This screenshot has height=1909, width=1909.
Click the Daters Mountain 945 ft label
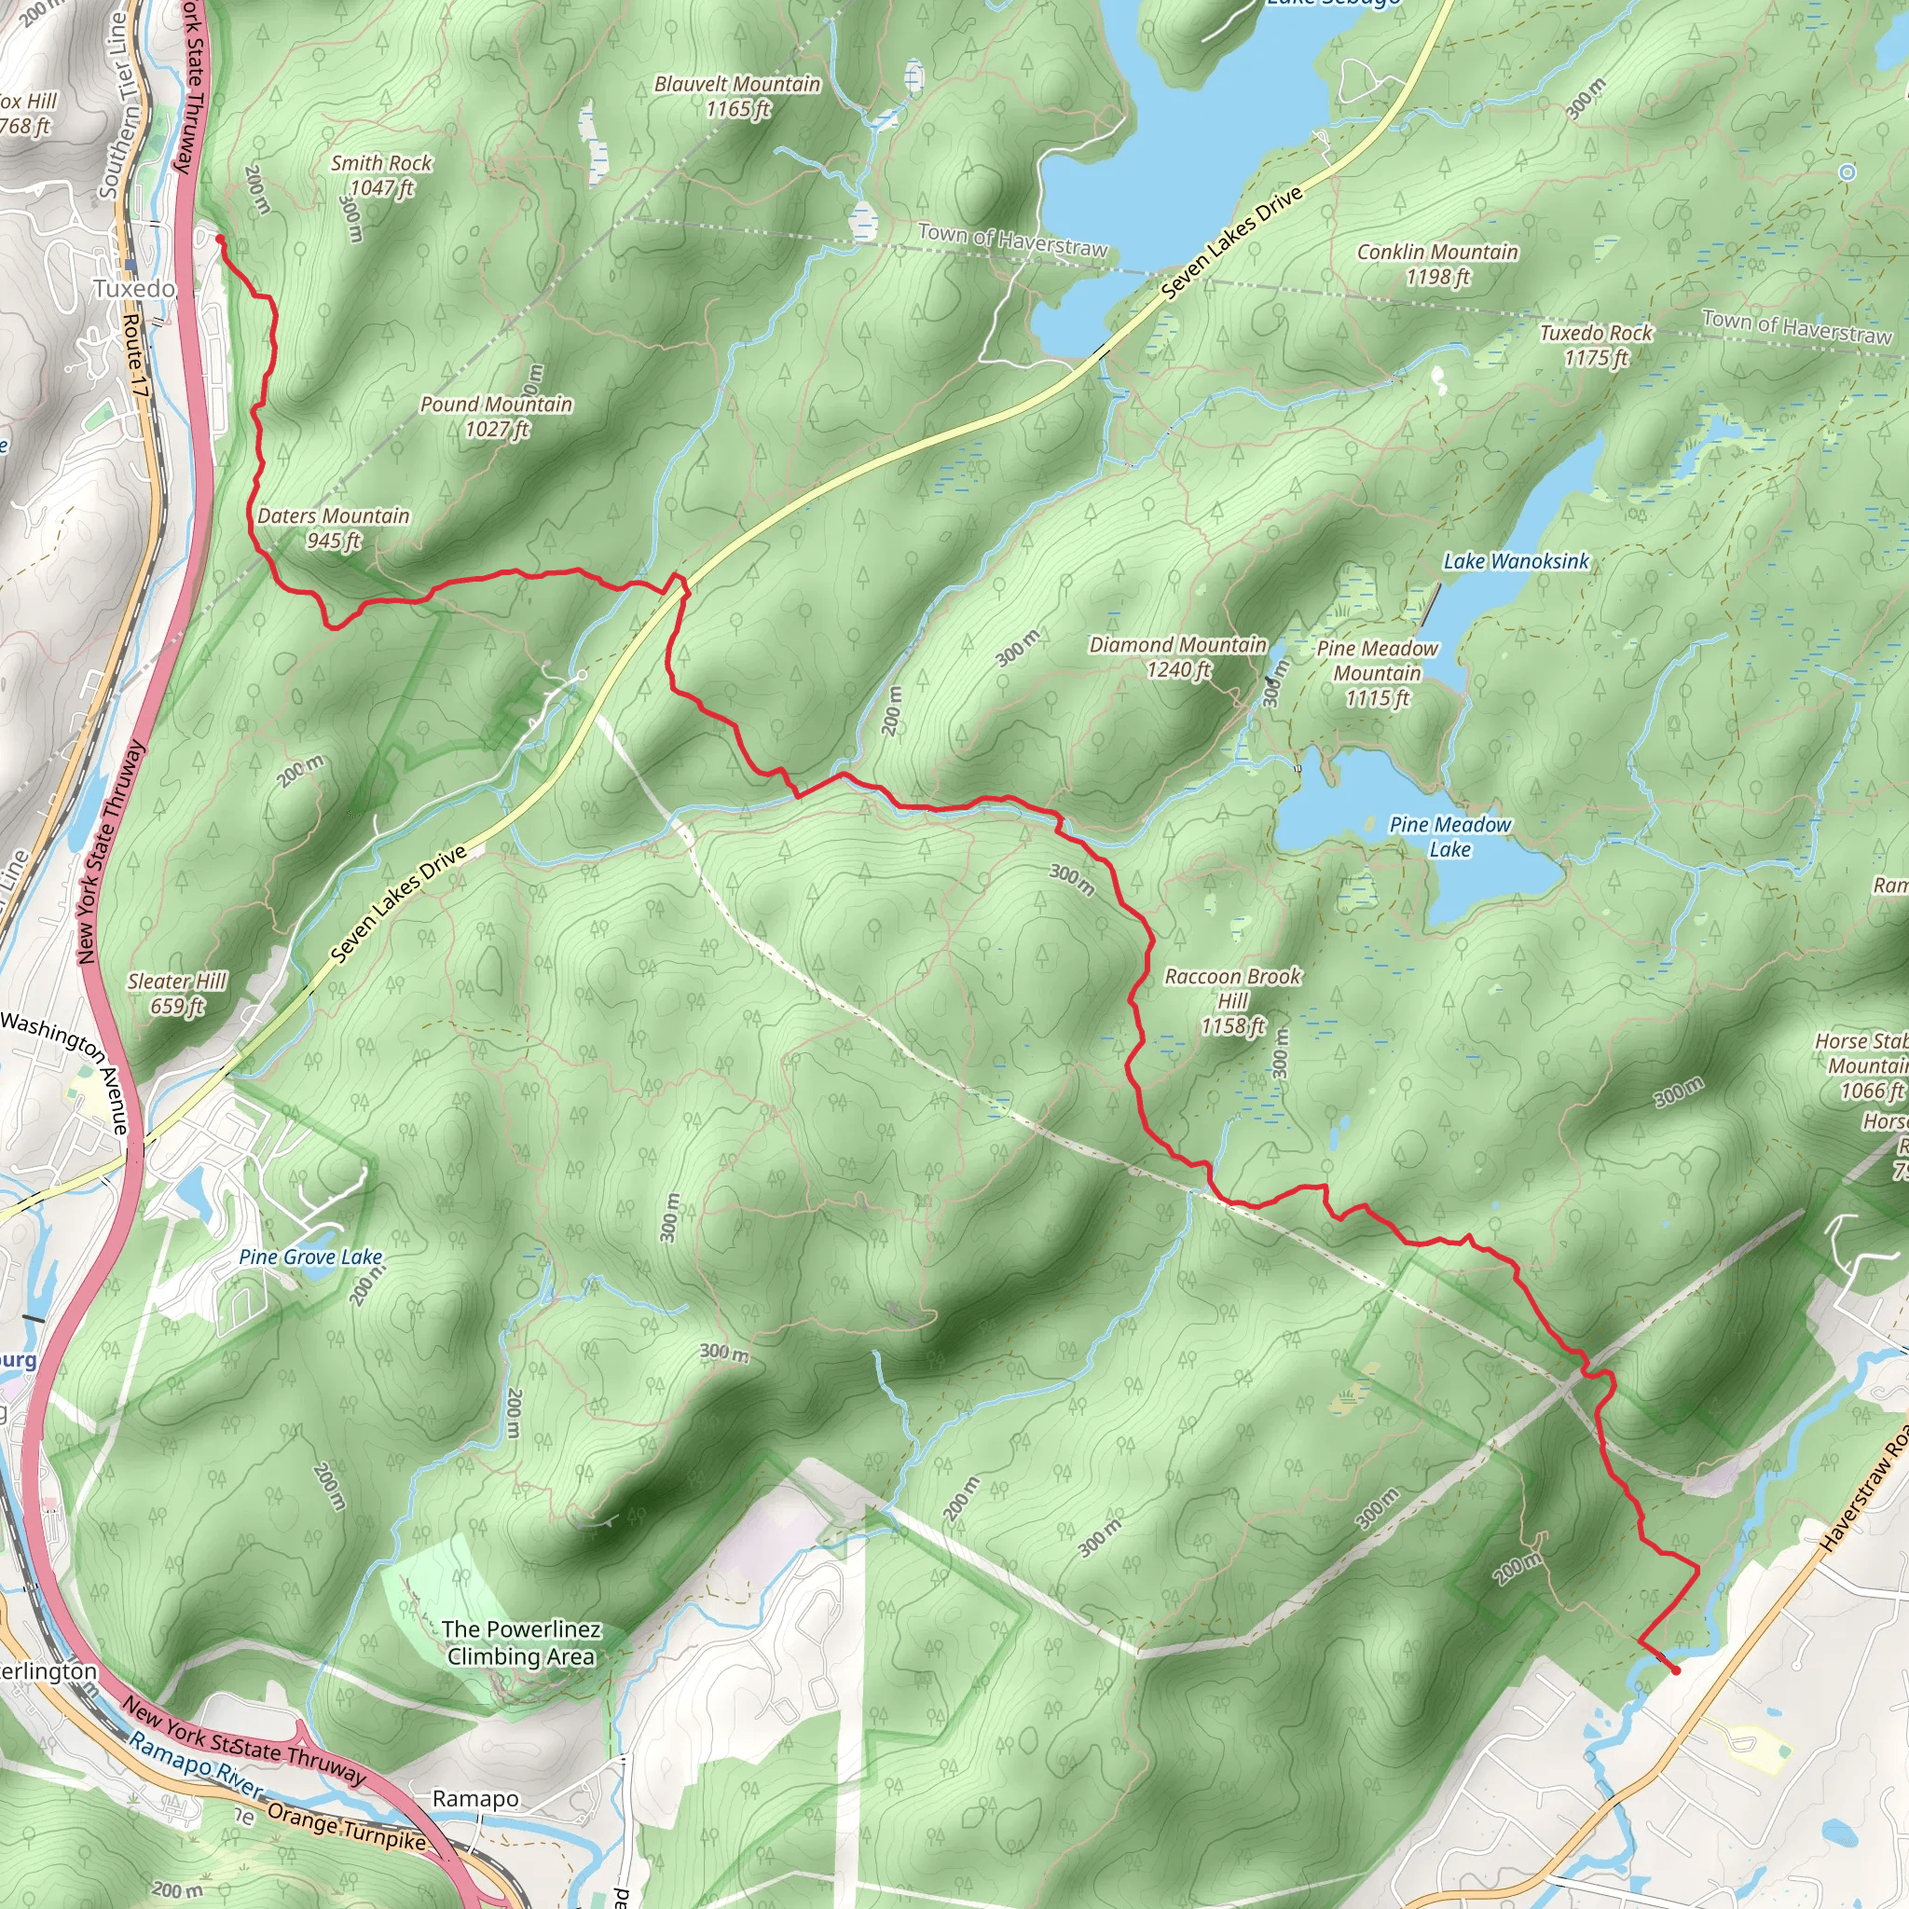pyautogui.click(x=333, y=528)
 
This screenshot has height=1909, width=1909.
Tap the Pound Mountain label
pyautogui.click(x=496, y=416)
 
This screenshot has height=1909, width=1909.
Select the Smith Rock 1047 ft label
pyautogui.click(x=381, y=175)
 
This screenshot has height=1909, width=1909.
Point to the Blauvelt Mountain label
pyautogui.click(x=737, y=96)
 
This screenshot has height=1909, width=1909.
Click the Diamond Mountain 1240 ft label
pyautogui.click(x=1178, y=656)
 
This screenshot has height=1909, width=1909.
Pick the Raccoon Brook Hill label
pyautogui.click(x=1233, y=1000)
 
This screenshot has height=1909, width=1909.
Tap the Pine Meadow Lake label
pyautogui.click(x=1449, y=836)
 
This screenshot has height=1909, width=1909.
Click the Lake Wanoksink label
pyautogui.click(x=1516, y=561)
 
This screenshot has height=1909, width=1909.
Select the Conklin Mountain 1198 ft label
pyautogui.click(x=1436, y=264)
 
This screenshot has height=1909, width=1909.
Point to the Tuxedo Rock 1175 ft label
pyautogui.click(x=1596, y=345)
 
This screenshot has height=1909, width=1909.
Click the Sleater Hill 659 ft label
pyautogui.click(x=177, y=993)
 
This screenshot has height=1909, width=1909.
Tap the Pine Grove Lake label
pyautogui.click(x=310, y=1256)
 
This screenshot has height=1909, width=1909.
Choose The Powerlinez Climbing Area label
pyautogui.click(x=521, y=1642)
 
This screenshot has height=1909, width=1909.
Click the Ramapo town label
pyautogui.click(x=475, y=1798)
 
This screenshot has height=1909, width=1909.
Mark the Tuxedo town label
pyautogui.click(x=134, y=289)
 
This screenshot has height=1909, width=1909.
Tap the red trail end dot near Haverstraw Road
pyautogui.click(x=1676, y=1669)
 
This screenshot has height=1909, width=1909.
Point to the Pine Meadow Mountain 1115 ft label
pyautogui.click(x=1378, y=673)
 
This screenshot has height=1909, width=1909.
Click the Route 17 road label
pyautogui.click(x=134, y=357)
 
